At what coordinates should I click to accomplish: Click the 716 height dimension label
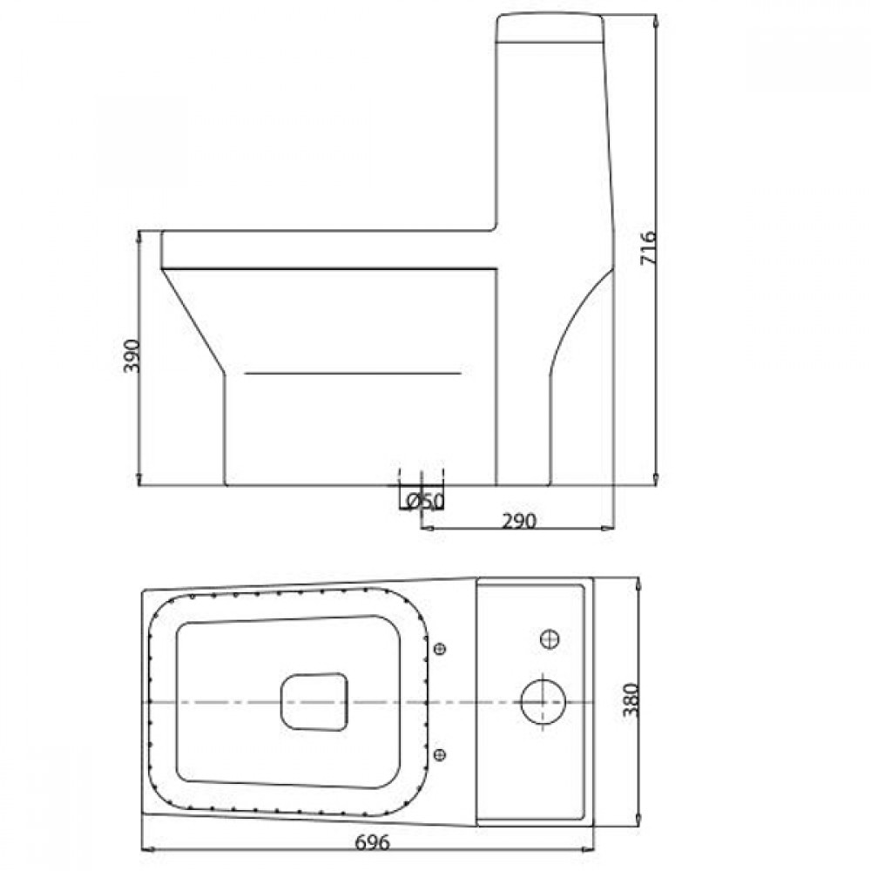click(x=648, y=247)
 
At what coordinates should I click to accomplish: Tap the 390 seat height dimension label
click(x=132, y=355)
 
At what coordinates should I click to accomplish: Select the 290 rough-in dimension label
click(x=519, y=521)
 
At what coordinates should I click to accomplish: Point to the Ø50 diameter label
click(x=425, y=501)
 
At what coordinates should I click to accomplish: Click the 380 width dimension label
click(x=631, y=699)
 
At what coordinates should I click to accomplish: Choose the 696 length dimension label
click(x=372, y=842)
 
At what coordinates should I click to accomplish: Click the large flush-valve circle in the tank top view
click(x=543, y=702)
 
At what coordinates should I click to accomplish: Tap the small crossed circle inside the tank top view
click(x=550, y=638)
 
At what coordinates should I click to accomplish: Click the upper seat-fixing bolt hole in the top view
click(x=440, y=648)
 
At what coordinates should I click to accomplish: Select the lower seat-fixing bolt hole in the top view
click(x=440, y=754)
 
